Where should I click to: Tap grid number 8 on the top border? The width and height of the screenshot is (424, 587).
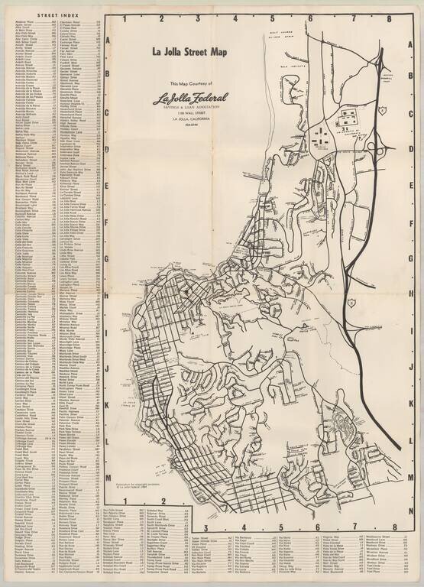pos(388,18)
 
